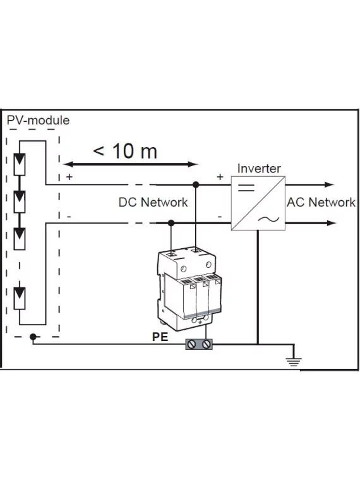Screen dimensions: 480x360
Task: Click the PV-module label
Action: pyautogui.click(x=37, y=120)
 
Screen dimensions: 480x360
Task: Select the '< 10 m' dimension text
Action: pyautogui.click(x=125, y=151)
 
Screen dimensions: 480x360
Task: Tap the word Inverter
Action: pyautogui.click(x=259, y=169)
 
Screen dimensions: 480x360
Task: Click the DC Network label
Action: pyautogui.click(x=153, y=203)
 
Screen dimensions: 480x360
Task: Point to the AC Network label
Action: pyautogui.click(x=321, y=203)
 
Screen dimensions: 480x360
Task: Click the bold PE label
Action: pyautogui.click(x=160, y=337)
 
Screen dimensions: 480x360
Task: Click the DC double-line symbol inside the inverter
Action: pyautogui.click(x=245, y=187)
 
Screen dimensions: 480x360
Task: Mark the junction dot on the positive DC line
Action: pyautogui.click(x=196, y=184)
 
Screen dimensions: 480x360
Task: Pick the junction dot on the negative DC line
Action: pyautogui.click(x=171, y=222)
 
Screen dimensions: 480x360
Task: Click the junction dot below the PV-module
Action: pyautogui.click(x=33, y=337)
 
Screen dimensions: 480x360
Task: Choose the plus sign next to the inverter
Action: pyautogui.click(x=220, y=177)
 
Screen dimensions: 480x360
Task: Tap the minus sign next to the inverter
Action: pyautogui.click(x=220, y=216)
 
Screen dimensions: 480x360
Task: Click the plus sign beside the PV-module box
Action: pyautogui.click(x=69, y=177)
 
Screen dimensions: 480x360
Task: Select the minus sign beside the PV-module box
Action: pyautogui.click(x=69, y=216)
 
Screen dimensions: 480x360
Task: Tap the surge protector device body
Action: pyautogui.click(x=189, y=287)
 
